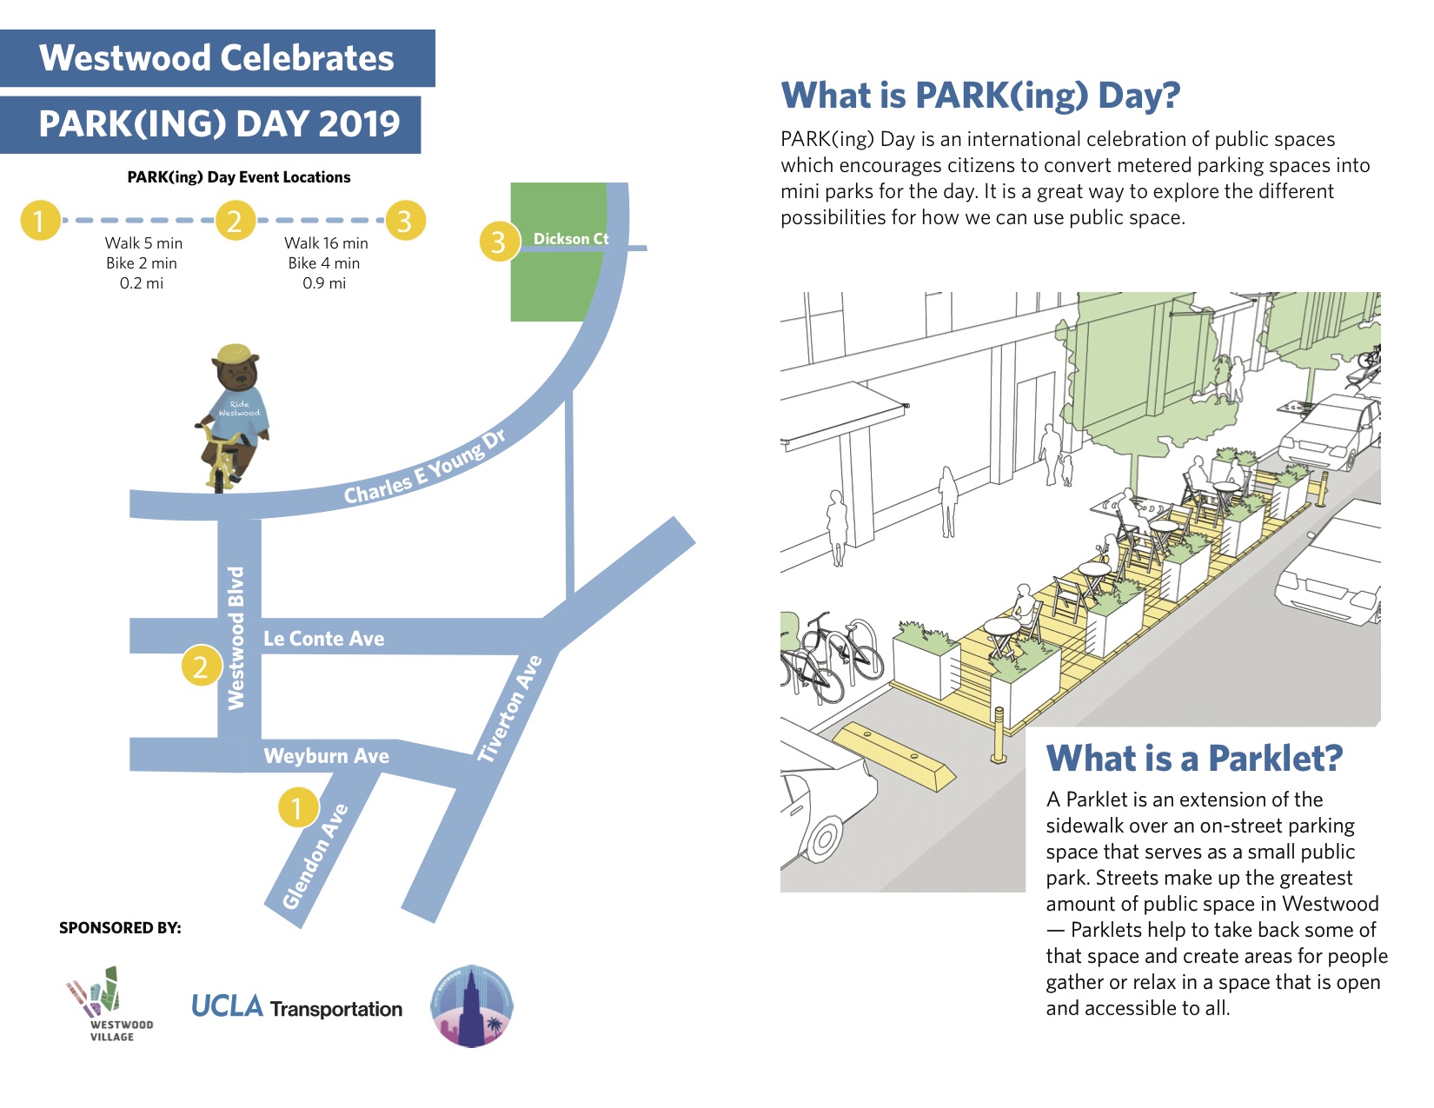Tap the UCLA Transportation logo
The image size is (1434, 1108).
(296, 1007)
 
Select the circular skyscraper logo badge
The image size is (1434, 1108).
(472, 1005)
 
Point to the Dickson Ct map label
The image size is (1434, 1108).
(571, 238)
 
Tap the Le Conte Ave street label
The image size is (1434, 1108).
(323, 639)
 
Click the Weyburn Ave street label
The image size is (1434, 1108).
(326, 756)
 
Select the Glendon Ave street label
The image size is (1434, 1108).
(315, 857)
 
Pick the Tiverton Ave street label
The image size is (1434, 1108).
(510, 708)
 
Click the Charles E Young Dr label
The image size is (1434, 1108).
(425, 468)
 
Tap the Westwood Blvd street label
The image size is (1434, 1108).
(236, 638)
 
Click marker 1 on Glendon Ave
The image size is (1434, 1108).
(297, 808)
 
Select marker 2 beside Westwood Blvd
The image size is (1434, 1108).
(202, 667)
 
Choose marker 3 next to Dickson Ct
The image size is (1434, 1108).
(499, 242)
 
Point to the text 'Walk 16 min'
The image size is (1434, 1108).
(326, 243)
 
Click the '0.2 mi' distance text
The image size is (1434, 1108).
(142, 283)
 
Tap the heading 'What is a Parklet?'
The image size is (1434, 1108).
(1194, 759)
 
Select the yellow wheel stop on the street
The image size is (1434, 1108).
(894, 755)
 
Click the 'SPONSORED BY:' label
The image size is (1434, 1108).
(120, 928)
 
